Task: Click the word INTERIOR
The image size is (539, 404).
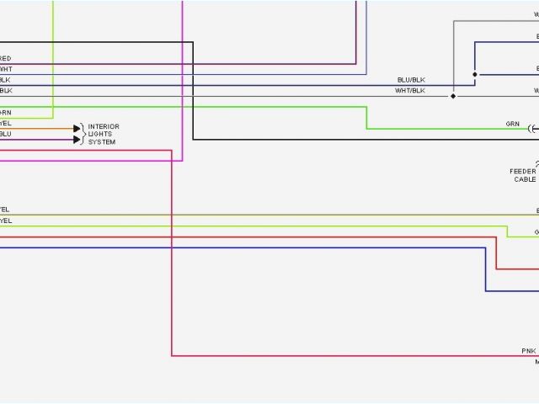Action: (104, 127)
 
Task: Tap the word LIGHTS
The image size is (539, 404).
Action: (100, 135)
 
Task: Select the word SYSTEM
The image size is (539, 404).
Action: (102, 142)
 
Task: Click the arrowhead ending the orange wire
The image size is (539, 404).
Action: (77, 129)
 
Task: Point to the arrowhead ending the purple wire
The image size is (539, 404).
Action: (77, 139)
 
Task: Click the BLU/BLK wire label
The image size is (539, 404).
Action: (411, 80)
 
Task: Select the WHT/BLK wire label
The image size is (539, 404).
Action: (411, 90)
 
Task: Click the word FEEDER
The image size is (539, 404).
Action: (522, 172)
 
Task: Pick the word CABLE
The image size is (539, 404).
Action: (524, 179)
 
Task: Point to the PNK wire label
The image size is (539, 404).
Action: (528, 350)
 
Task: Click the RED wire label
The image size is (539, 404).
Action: (6, 59)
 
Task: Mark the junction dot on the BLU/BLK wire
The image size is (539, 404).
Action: (474, 75)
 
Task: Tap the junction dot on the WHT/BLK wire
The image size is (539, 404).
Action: (453, 96)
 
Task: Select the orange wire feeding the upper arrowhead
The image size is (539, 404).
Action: (42, 129)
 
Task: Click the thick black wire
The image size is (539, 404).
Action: (193, 93)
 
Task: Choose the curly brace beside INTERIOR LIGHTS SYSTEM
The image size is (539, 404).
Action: (83, 134)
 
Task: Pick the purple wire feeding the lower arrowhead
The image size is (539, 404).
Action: (42, 139)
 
